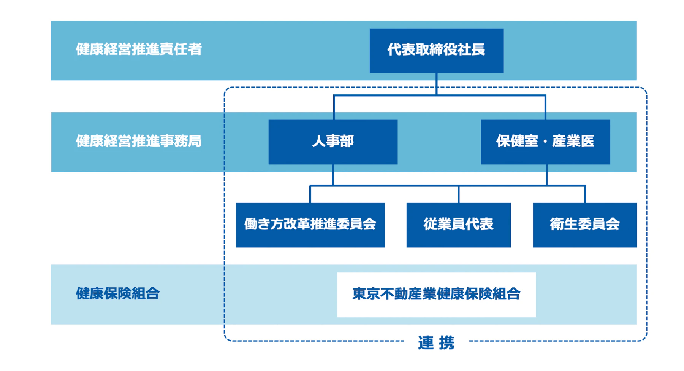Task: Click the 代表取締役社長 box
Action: click(436, 51)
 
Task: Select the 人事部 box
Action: click(333, 142)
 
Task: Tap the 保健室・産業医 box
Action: click(545, 142)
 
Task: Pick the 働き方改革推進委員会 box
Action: click(310, 225)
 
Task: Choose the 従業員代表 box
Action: click(458, 225)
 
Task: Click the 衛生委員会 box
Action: click(584, 225)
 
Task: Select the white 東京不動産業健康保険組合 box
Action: click(436, 295)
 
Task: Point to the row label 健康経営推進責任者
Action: click(138, 49)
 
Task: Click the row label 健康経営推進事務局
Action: click(138, 141)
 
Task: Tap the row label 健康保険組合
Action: click(117, 294)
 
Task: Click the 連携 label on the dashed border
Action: click(436, 342)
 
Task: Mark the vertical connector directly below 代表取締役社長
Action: click(436, 84)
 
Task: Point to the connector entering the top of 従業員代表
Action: click(458, 194)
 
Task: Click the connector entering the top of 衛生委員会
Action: click(585, 194)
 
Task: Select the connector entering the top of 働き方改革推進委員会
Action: click(310, 194)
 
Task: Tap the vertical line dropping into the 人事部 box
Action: click(334, 108)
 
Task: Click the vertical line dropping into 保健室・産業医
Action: click(545, 108)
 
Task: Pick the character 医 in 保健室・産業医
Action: click(587, 142)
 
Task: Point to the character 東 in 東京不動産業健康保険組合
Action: click(359, 294)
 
